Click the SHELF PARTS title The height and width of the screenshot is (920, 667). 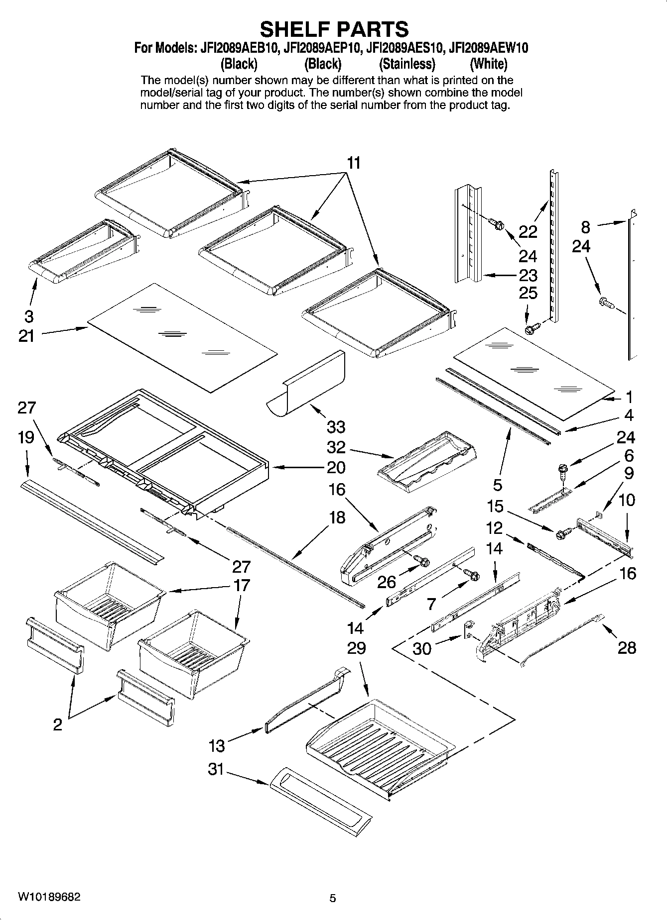click(x=334, y=29)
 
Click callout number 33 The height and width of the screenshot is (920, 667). click(x=336, y=427)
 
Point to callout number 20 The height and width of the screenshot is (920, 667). click(x=336, y=467)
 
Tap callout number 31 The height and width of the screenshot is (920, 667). click(x=216, y=769)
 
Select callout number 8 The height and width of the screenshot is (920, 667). click(x=586, y=227)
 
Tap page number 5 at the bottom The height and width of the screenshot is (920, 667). click(x=333, y=898)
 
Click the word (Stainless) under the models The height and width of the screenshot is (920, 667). click(x=407, y=64)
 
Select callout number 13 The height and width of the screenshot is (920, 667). click(x=217, y=745)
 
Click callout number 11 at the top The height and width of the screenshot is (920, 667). click(x=354, y=163)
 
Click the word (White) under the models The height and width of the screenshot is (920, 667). click(x=489, y=64)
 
